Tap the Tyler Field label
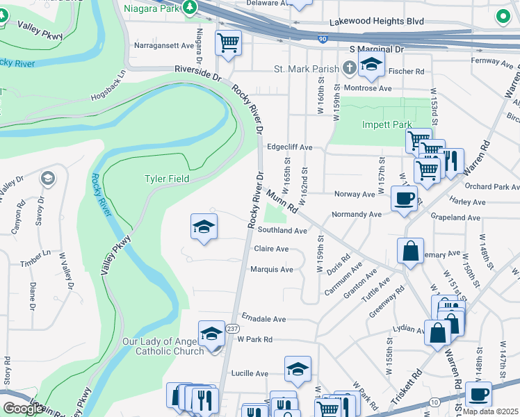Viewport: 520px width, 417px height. [x=166, y=179]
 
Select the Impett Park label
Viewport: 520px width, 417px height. [x=387, y=125]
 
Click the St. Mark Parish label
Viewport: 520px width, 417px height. [x=307, y=69]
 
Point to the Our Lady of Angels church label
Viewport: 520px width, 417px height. [x=163, y=346]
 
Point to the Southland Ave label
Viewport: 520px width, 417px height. [x=282, y=230]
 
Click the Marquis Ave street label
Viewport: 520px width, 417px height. [x=271, y=269]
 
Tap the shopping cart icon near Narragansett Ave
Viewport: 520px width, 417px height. [x=228, y=42]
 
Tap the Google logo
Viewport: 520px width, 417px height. [x=24, y=408]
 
